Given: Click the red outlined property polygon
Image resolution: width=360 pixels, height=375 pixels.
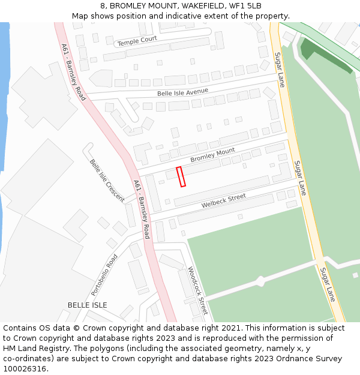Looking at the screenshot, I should click(x=181, y=176).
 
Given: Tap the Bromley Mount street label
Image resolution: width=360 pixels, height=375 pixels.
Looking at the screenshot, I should click(x=212, y=155).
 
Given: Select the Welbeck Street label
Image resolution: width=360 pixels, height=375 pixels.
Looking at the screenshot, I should click(x=224, y=200).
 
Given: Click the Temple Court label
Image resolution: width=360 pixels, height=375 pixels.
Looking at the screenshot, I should click(x=137, y=41).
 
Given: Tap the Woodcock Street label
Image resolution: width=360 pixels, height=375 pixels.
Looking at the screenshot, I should click(x=197, y=290).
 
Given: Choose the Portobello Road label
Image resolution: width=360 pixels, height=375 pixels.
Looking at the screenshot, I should click(x=104, y=275).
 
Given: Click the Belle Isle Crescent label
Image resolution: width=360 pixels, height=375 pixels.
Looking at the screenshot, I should click(x=107, y=180).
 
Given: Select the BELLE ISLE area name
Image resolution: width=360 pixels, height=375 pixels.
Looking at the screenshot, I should click(x=87, y=305).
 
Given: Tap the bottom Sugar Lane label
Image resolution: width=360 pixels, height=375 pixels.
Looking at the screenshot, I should click(x=327, y=284).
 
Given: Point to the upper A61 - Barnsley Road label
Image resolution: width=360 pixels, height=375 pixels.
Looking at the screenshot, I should click(x=73, y=71).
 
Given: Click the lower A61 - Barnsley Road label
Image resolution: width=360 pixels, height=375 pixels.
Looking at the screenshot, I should click(x=142, y=209).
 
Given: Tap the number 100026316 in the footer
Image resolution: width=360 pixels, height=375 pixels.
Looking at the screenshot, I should click(x=25, y=369).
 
